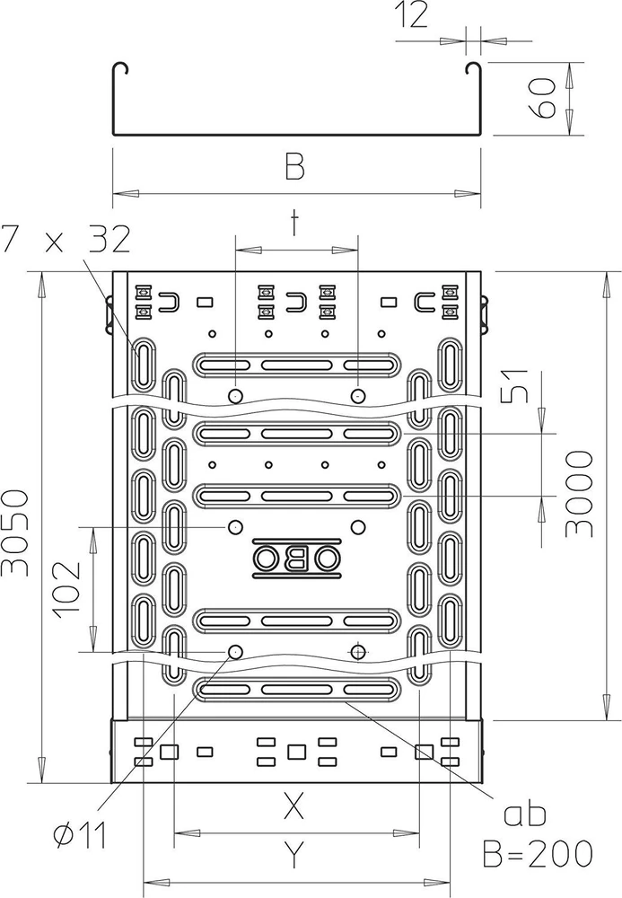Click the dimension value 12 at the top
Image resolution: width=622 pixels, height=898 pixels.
click(411, 15)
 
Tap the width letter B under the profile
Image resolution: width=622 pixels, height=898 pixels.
click(294, 165)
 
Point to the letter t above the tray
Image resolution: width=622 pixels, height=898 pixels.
click(294, 223)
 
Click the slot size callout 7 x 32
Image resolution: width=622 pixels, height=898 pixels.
click(66, 240)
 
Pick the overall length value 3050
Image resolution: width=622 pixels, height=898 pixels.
click(15, 532)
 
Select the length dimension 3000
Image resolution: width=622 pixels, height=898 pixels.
click(578, 494)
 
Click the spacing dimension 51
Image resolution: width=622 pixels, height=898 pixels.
click(515, 385)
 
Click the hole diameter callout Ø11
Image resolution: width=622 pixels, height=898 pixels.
click(80, 836)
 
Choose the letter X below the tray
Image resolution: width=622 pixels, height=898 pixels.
click(293, 806)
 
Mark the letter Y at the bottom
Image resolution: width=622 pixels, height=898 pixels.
click(293, 856)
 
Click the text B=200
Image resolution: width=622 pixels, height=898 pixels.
click(538, 854)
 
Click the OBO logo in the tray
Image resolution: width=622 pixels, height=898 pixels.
click(296, 556)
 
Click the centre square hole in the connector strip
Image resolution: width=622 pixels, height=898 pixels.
click(296, 751)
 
